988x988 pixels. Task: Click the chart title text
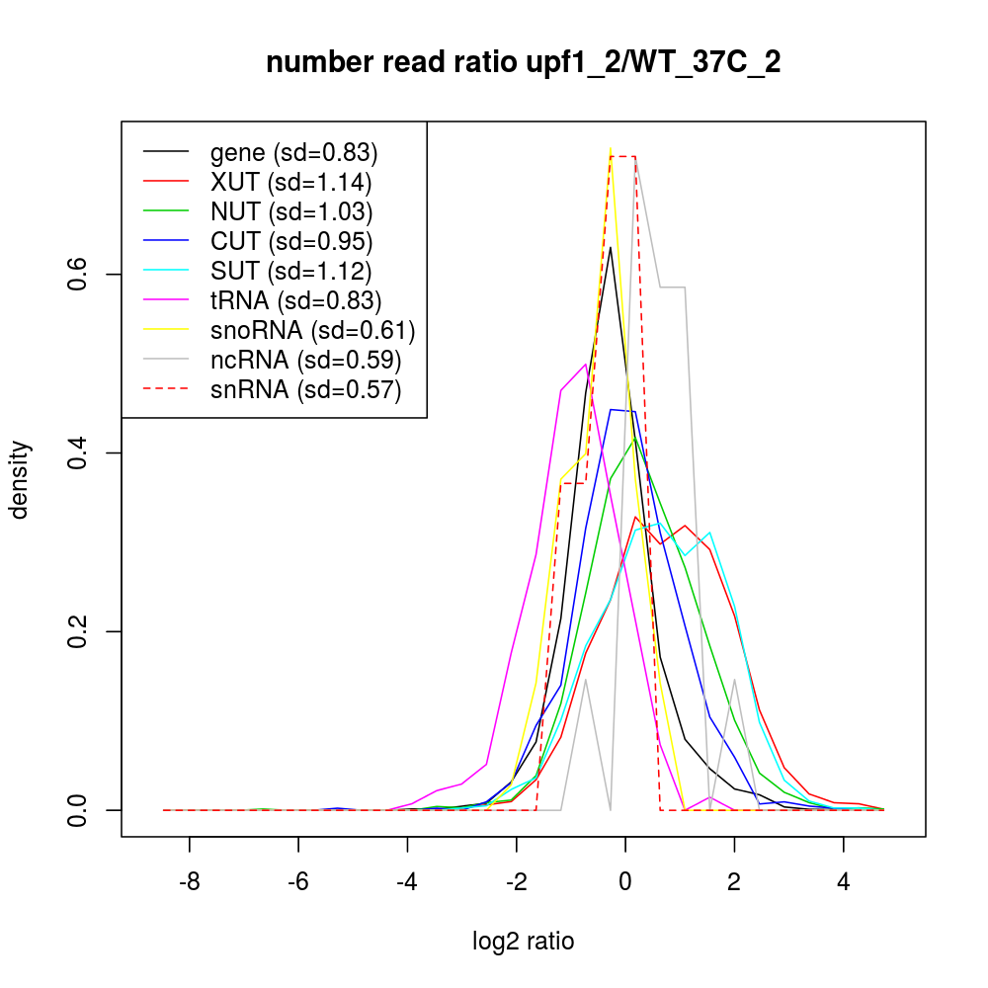point(524,64)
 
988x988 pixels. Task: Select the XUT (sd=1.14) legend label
point(290,182)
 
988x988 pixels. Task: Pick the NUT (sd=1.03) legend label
point(290,211)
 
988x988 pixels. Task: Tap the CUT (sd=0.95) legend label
point(290,241)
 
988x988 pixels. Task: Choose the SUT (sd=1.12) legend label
point(290,271)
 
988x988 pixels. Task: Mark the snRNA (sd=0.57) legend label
point(305,389)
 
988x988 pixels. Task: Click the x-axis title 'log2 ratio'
point(524,942)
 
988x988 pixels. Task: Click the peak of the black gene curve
point(611,247)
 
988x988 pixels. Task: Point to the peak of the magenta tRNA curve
point(587,364)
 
